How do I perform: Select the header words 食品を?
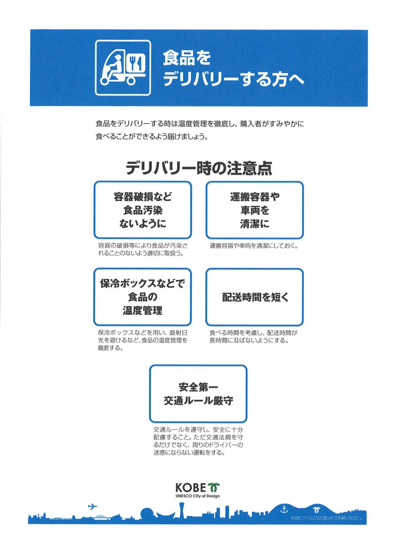pyautogui.click(x=186, y=58)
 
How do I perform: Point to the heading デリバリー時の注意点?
pyautogui.click(x=199, y=168)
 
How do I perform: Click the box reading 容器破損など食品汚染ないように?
pyautogui.click(x=143, y=210)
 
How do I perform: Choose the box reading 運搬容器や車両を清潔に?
pyautogui.click(x=255, y=210)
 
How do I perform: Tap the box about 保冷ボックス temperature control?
pyautogui.click(x=143, y=297)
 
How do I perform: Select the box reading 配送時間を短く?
pyautogui.click(x=255, y=297)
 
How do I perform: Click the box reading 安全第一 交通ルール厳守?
pyautogui.click(x=198, y=394)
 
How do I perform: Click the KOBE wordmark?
pyautogui.click(x=191, y=487)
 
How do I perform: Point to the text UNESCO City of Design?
pyautogui.click(x=197, y=496)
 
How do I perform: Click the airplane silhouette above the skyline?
pyautogui.click(x=93, y=506)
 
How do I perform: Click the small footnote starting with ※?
pyautogui.click(x=326, y=518)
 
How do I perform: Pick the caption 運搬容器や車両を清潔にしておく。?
pyautogui.click(x=254, y=246)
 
